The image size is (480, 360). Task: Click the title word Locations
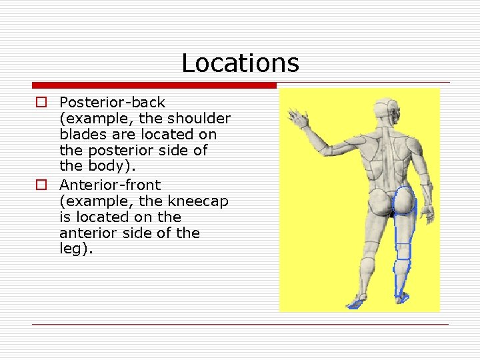click(x=240, y=63)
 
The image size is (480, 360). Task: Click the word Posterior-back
click(x=112, y=103)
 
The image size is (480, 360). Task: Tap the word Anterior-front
click(x=110, y=185)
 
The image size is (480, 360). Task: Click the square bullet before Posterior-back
click(x=41, y=103)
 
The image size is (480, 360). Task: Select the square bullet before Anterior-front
click(x=41, y=185)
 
